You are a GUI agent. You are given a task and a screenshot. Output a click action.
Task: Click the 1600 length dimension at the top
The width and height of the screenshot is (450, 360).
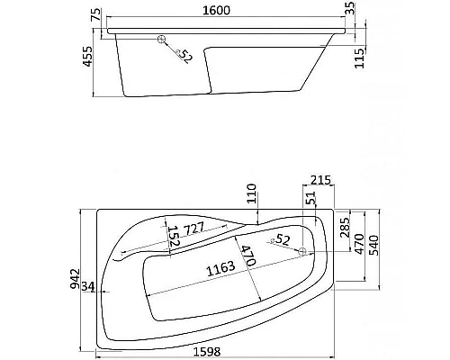pyautogui.click(x=216, y=11)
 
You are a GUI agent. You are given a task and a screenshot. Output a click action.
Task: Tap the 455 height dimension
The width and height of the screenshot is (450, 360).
pyautogui.click(x=87, y=57)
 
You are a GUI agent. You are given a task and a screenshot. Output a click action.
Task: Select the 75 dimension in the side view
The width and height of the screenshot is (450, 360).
pyautogui.click(x=95, y=15)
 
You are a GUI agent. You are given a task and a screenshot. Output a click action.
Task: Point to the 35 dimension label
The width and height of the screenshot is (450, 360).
pyautogui.click(x=350, y=8)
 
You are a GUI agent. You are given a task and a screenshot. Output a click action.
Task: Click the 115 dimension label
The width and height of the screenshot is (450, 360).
pyautogui.click(x=359, y=58)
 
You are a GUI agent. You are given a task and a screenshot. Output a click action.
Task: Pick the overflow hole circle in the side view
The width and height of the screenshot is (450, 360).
pyautogui.click(x=162, y=40)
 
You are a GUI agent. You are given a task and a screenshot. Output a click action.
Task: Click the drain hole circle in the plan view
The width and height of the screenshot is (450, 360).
pyautogui.click(x=302, y=251)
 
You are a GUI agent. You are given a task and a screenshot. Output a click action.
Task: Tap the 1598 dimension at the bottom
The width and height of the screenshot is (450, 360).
pyautogui.click(x=207, y=352)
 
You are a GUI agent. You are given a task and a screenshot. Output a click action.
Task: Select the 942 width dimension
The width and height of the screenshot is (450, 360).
pyautogui.click(x=75, y=279)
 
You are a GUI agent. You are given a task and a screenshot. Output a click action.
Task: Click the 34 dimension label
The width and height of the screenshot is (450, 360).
pyautogui.click(x=88, y=287)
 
